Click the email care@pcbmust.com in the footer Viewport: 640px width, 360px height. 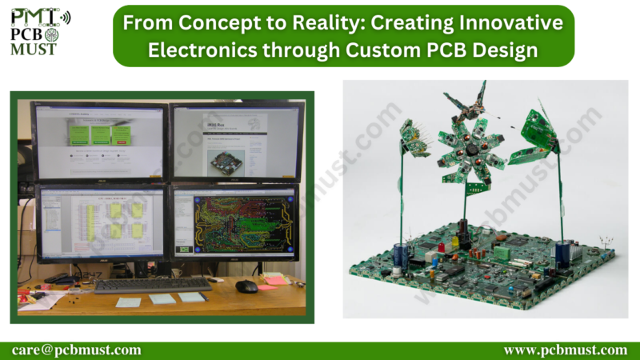click(77, 350)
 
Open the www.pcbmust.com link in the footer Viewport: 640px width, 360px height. click(566, 350)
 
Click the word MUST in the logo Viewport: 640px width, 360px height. click(34, 50)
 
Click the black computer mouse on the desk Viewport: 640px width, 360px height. click(246, 286)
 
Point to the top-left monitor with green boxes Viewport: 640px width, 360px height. click(100, 139)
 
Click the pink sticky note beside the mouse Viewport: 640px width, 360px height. click(276, 280)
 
